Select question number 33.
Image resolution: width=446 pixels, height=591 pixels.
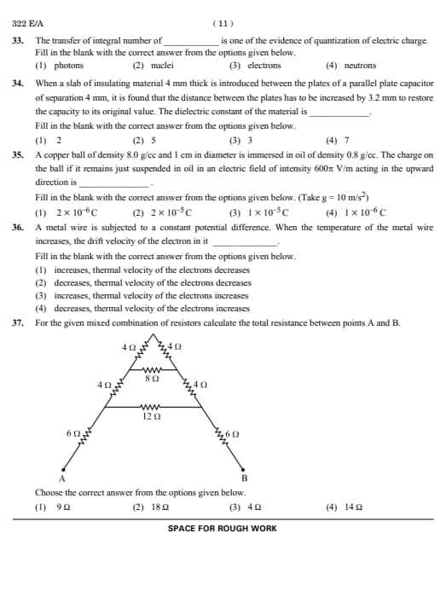pyautogui.click(x=18, y=40)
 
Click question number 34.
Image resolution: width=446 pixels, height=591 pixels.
pyautogui.click(x=18, y=84)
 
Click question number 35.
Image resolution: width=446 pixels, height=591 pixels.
pyautogui.click(x=18, y=155)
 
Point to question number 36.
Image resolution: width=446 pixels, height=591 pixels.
pyautogui.click(x=18, y=229)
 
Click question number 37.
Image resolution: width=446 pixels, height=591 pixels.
pyautogui.click(x=18, y=323)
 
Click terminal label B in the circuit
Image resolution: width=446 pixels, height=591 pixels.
pyautogui.click(x=244, y=478)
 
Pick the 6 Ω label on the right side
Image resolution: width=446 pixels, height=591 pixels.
pyautogui.click(x=232, y=435)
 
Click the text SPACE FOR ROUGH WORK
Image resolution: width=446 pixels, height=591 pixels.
pyautogui.click(x=223, y=529)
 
